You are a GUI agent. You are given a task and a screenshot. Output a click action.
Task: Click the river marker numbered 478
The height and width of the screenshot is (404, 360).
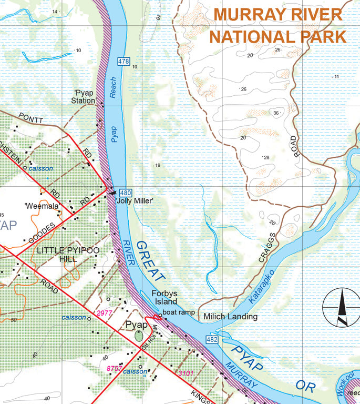click(x=124, y=62)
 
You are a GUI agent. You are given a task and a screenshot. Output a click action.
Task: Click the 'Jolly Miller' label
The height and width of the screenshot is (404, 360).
click(x=134, y=201)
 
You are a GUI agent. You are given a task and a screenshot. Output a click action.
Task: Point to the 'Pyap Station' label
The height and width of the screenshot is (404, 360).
click(x=84, y=96)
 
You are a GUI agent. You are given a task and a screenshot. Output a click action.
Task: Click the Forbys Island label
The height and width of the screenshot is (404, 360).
click(x=164, y=298)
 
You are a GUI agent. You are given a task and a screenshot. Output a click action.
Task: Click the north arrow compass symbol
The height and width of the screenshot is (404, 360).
click(x=341, y=307)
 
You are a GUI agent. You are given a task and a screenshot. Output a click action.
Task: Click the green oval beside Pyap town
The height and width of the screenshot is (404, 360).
click(x=138, y=336)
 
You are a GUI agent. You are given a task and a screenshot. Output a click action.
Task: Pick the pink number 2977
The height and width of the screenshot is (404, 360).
click(x=105, y=313)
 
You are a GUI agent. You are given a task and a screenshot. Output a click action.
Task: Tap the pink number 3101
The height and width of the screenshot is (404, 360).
click(x=187, y=373)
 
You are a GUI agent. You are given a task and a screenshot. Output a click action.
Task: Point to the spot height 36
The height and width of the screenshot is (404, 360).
click(x=276, y=113)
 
